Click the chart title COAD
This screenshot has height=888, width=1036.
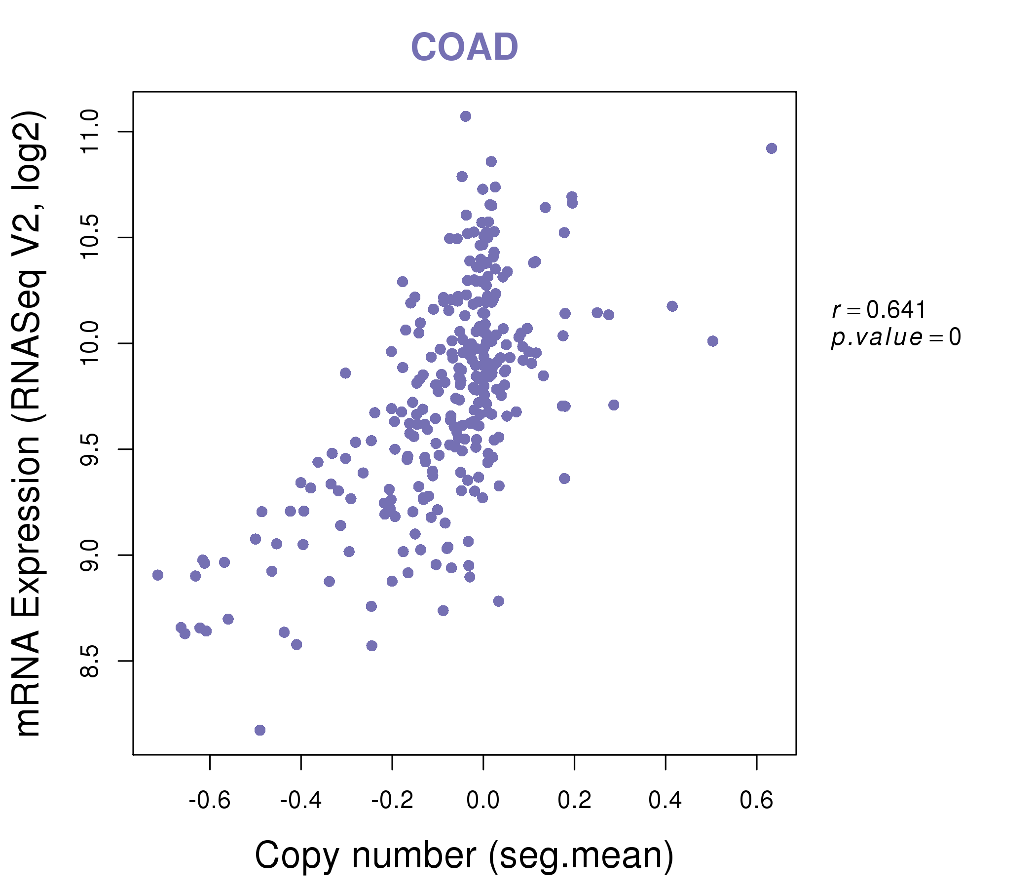(464, 47)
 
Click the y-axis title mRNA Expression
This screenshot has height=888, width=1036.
(29, 423)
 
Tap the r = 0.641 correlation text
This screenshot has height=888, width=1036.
(879, 310)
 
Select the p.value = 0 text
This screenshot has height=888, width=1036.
(895, 337)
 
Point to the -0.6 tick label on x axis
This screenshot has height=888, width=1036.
(210, 801)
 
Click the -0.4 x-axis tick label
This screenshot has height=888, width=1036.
(300, 801)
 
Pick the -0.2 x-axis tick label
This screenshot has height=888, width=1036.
(392, 801)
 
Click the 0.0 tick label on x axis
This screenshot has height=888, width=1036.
(483, 801)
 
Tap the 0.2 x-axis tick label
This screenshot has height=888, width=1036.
(575, 801)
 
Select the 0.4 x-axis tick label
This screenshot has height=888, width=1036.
(666, 801)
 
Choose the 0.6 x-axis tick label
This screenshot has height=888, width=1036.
(756, 801)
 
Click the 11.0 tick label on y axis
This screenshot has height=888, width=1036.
(90, 132)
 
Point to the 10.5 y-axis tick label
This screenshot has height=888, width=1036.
(90, 237)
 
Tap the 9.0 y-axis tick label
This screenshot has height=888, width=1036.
(90, 555)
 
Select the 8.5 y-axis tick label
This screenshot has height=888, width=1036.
(90, 661)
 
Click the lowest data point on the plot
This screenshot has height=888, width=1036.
(259, 730)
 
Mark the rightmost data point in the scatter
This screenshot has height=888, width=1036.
(772, 148)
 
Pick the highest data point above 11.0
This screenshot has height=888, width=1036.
(466, 116)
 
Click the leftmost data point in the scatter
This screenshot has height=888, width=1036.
(157, 575)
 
